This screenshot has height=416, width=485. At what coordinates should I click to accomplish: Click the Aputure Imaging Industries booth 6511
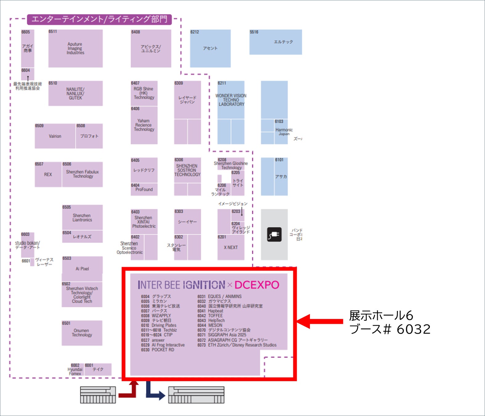(x=75, y=48)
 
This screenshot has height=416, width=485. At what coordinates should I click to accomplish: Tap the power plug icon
(x=274, y=235)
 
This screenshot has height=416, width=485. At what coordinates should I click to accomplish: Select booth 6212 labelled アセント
(x=210, y=48)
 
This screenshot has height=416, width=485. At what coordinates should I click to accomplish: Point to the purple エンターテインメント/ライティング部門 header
(x=99, y=19)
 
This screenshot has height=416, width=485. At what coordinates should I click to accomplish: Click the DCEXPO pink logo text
(x=257, y=285)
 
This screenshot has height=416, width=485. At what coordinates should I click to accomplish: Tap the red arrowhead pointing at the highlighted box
(x=304, y=321)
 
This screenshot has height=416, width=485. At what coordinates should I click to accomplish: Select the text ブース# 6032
(x=390, y=329)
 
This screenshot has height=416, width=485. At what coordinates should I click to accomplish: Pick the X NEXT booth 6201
(x=231, y=247)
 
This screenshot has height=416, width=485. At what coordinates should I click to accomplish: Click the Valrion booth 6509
(x=55, y=136)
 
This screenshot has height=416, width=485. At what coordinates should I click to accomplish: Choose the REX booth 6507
(x=48, y=174)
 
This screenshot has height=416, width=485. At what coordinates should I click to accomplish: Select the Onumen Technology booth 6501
(x=82, y=333)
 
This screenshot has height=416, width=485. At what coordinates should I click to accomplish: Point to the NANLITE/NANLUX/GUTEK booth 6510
(x=75, y=93)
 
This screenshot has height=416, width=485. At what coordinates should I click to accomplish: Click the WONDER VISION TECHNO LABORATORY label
(x=231, y=100)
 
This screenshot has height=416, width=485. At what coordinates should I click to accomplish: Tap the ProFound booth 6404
(x=144, y=190)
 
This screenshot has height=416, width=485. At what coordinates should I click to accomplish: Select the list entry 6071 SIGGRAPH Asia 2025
(x=222, y=335)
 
